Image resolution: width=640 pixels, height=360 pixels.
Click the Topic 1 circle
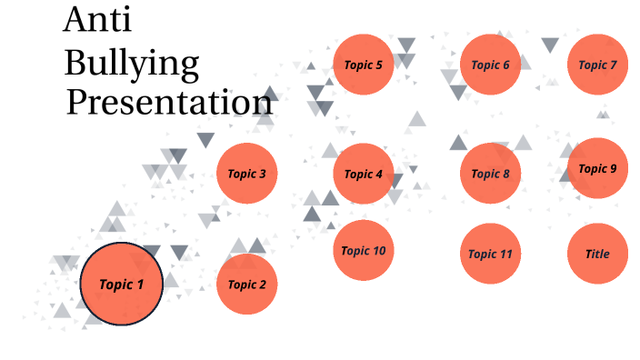[x=122, y=284]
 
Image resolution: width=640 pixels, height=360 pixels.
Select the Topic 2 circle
[x=247, y=284]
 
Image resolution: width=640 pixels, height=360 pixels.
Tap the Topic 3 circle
[x=247, y=174]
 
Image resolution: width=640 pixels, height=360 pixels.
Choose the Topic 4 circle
[x=364, y=174]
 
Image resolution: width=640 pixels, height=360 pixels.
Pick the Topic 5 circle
[x=364, y=65]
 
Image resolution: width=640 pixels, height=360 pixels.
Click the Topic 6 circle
[x=491, y=65]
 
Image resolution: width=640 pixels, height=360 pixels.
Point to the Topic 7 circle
[x=597, y=65]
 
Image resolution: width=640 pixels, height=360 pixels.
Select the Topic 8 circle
[x=491, y=174]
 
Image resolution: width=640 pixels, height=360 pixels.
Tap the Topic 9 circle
[x=597, y=168]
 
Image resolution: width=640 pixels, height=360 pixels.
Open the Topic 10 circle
[x=364, y=250]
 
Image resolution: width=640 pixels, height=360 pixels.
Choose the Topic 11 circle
[x=491, y=254]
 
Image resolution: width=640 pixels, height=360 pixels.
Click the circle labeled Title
[x=597, y=254]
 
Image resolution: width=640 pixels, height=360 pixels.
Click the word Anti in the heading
[x=98, y=19]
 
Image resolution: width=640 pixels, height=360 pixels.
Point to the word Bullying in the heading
[x=132, y=65]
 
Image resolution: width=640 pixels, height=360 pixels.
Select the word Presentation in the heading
[x=169, y=102]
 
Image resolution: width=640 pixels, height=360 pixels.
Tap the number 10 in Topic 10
[x=379, y=251]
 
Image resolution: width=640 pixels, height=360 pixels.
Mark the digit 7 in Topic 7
[x=614, y=65]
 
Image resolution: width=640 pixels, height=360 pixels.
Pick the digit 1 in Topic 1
[x=140, y=284]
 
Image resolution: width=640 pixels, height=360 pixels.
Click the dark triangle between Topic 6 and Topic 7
[x=550, y=45]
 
